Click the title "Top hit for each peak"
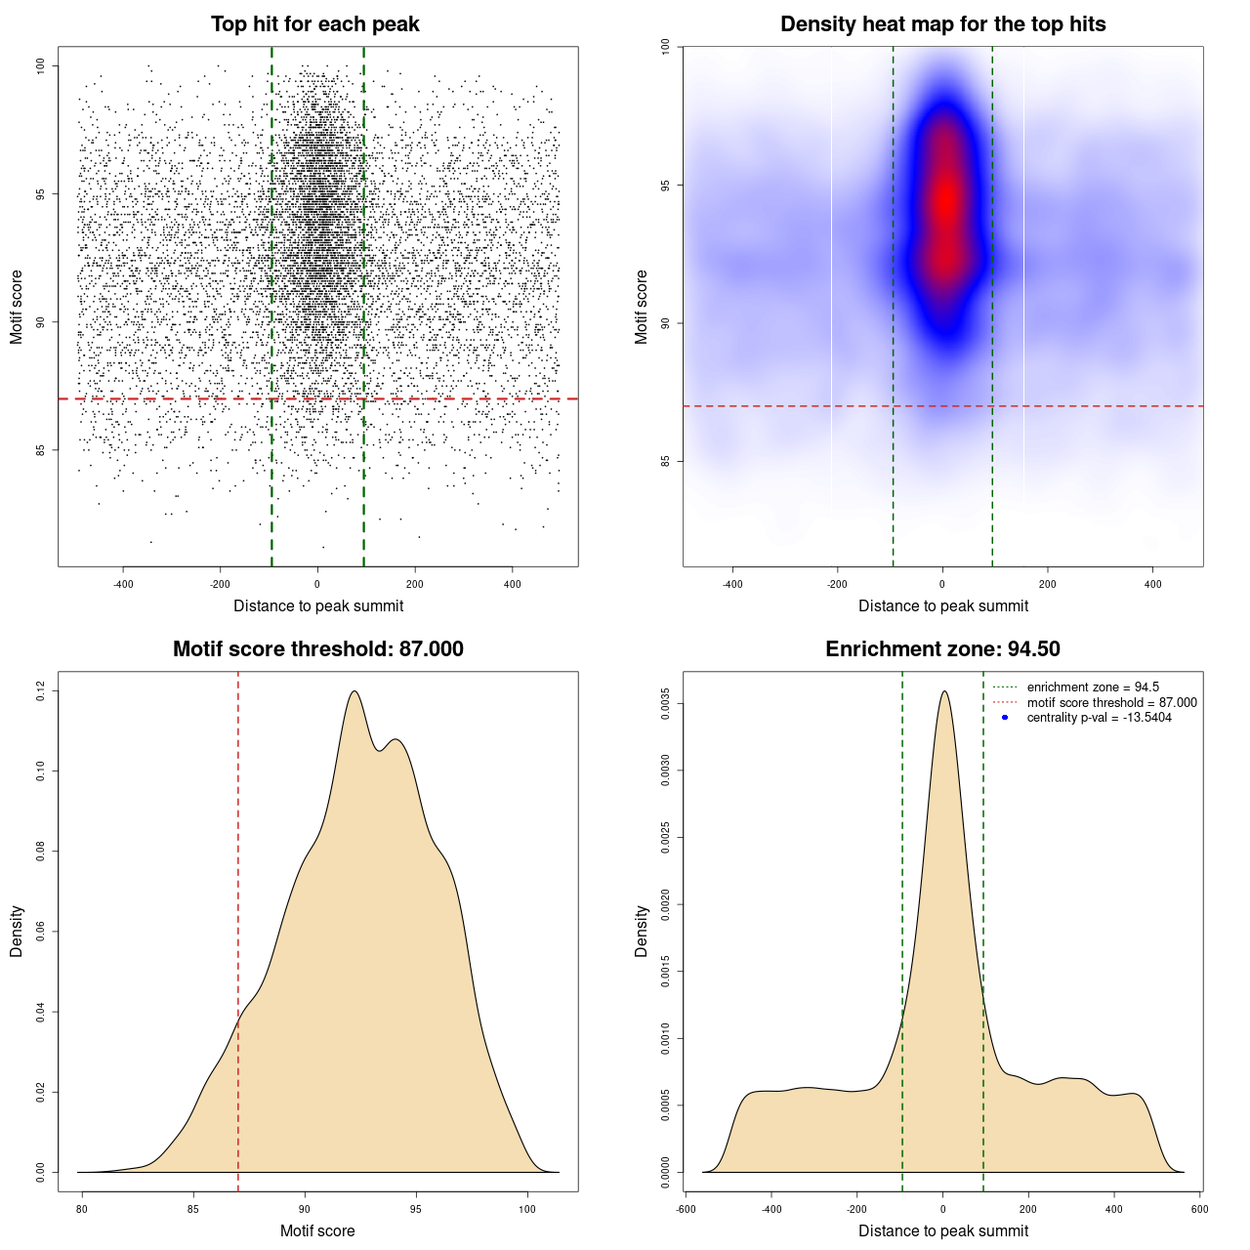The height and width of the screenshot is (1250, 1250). pyautogui.click(x=315, y=24)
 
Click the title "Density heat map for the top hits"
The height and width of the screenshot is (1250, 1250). pyautogui.click(x=942, y=24)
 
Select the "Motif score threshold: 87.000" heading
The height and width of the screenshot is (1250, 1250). pyautogui.click(x=317, y=649)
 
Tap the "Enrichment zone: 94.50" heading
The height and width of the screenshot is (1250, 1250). pyautogui.click(x=942, y=649)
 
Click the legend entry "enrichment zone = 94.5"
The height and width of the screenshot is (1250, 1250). pyautogui.click(x=1093, y=687)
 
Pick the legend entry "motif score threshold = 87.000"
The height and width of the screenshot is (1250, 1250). pyautogui.click(x=1111, y=703)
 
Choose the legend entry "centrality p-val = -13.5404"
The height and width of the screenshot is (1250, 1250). pyautogui.click(x=1099, y=718)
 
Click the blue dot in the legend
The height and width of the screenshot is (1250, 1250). pyautogui.click(x=1005, y=718)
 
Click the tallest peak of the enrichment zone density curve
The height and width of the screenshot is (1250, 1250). pyautogui.click(x=943, y=692)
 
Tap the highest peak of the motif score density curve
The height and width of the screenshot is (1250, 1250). pyautogui.click(x=354, y=692)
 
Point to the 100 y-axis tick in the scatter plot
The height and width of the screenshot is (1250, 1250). pyautogui.click(x=41, y=65)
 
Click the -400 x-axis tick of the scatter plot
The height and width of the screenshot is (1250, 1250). pyautogui.click(x=123, y=584)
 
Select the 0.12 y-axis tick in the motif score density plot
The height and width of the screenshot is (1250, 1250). pyautogui.click(x=41, y=691)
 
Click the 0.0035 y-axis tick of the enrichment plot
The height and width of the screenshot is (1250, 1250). pyautogui.click(x=666, y=704)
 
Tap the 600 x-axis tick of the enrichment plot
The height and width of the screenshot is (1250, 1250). pyautogui.click(x=1199, y=1209)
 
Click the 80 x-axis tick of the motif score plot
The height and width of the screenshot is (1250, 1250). pyautogui.click(x=82, y=1209)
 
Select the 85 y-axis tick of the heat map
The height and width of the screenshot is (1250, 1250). pyautogui.click(x=666, y=461)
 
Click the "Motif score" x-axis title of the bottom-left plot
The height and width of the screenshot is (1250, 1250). pyautogui.click(x=317, y=1230)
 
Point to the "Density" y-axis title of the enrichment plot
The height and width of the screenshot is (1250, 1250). pyautogui.click(x=642, y=931)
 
